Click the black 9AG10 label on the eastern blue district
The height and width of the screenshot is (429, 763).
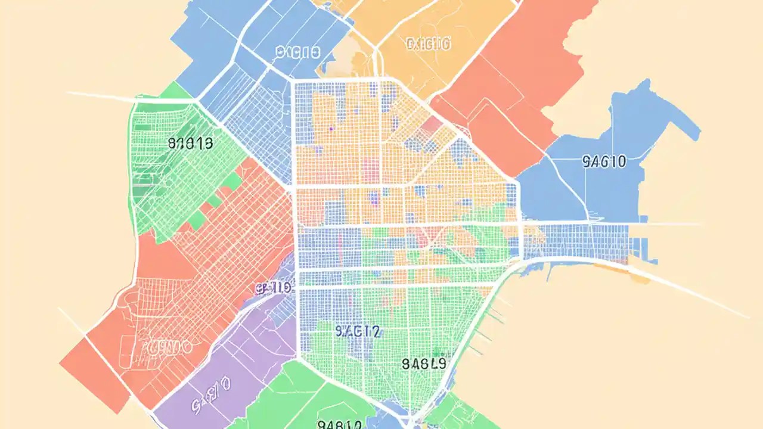(x=603, y=161)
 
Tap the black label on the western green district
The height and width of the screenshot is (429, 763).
(x=191, y=143)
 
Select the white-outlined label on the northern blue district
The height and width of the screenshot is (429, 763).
(x=298, y=52)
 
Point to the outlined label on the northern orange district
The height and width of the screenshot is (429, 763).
(x=428, y=43)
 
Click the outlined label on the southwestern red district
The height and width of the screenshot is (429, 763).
(x=162, y=346)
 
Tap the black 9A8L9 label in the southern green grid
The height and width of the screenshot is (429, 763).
(x=424, y=363)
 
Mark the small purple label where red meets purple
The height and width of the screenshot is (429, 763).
(x=273, y=288)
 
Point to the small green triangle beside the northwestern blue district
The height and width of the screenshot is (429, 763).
(x=176, y=91)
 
